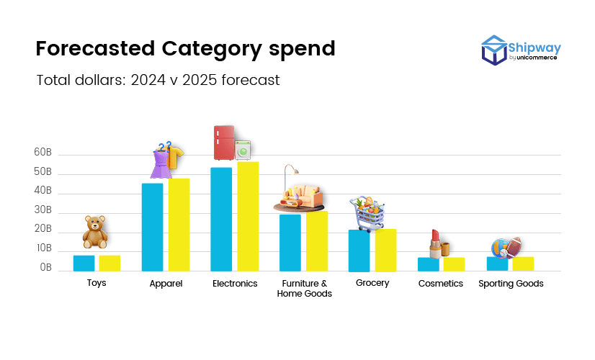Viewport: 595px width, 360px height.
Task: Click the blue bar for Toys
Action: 84,264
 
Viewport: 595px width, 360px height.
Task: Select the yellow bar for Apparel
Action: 179,225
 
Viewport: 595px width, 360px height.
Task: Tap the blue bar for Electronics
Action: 221,220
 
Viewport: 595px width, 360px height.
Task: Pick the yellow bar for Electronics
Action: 248,217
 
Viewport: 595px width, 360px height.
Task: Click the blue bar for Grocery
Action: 359,251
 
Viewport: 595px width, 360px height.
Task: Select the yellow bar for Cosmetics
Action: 454,264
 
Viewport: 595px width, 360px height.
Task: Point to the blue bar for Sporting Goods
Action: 497,264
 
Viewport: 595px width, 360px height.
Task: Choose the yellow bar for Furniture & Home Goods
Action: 317,241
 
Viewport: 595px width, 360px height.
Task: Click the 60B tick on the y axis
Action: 42,153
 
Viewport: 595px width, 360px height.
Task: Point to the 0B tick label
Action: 45,267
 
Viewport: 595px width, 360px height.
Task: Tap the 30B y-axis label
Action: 42,210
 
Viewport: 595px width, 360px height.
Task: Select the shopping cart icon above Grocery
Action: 367,213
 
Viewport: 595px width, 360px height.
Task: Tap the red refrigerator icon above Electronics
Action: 224,143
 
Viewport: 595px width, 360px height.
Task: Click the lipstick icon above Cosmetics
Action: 435,243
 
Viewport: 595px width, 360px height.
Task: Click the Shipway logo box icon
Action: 494,50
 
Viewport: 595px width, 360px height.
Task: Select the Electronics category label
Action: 235,284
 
